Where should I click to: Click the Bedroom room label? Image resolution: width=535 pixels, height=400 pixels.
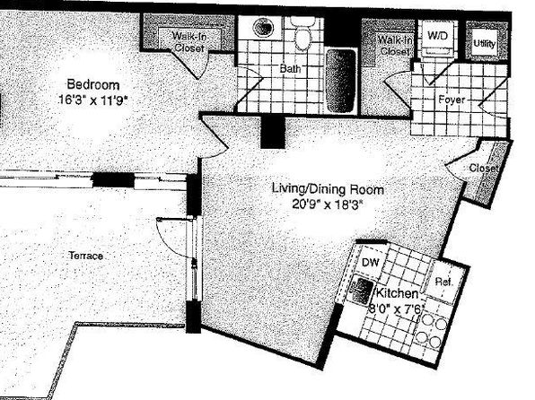pos(93,84)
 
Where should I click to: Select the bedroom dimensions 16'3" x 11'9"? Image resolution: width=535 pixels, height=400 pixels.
pos(93,100)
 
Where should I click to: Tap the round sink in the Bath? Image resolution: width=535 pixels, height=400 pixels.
pos(263,27)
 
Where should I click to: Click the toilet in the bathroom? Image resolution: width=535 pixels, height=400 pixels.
pos(303,33)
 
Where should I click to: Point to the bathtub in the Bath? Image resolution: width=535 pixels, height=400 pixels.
pos(341,81)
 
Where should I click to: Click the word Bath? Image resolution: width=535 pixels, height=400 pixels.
pos(290,68)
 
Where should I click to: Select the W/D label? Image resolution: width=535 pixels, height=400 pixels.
pos(437,36)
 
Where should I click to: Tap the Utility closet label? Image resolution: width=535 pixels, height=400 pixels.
pos(485,44)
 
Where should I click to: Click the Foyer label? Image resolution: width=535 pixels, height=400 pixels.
pos(452,100)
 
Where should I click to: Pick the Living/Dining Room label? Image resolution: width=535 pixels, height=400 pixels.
pos(328,188)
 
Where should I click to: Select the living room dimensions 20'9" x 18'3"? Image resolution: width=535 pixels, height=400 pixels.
pos(327,204)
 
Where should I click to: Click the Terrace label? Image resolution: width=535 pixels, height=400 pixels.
pos(85,256)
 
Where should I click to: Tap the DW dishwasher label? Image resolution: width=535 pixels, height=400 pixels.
pos(370,262)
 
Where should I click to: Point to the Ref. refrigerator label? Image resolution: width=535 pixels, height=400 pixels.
pos(444,282)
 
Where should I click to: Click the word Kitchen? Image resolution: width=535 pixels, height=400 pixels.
pos(397,293)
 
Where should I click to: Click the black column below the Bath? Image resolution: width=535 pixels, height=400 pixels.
pos(273,131)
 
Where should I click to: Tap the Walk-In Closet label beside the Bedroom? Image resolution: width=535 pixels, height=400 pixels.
pos(189,41)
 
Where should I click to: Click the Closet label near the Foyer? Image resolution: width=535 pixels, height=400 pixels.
pos(484,168)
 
